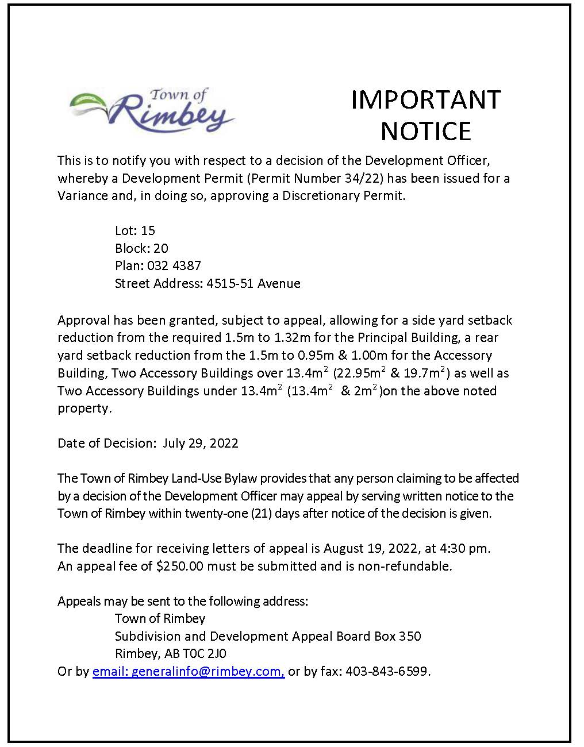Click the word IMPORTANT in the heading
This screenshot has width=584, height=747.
(x=426, y=99)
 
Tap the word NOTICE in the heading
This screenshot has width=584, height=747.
(x=426, y=131)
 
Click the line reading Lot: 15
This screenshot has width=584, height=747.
(x=135, y=230)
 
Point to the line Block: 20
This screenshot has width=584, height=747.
(x=141, y=248)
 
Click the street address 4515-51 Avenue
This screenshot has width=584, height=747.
(x=253, y=283)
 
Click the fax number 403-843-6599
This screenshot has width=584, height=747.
(x=387, y=671)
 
